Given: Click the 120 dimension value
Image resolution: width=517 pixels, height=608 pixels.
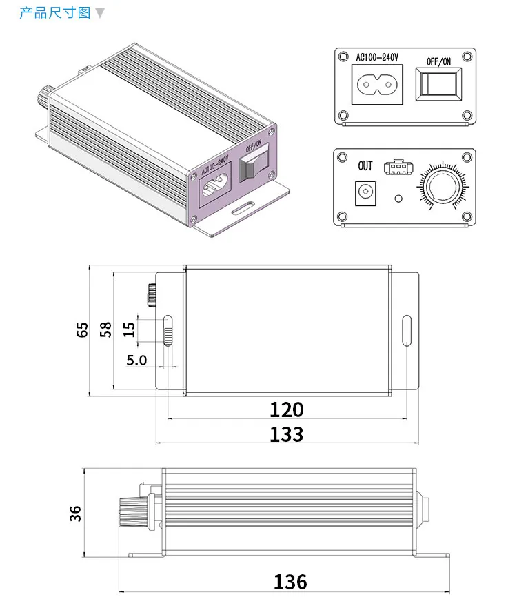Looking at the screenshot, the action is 287,409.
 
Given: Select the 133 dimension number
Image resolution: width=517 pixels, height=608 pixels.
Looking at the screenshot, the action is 287,434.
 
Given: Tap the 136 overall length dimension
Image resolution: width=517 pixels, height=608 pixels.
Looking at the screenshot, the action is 290,582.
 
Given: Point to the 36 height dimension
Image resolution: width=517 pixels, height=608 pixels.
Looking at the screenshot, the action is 75,514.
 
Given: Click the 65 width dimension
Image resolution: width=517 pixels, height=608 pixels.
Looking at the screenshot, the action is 82,330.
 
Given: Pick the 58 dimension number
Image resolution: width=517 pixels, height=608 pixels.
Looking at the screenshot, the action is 105,330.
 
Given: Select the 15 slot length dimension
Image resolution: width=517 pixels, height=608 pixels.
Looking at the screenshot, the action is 129,330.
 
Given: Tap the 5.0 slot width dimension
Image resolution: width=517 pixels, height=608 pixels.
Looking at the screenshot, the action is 136,361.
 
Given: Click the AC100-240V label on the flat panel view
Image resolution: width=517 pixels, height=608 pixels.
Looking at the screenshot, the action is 377,57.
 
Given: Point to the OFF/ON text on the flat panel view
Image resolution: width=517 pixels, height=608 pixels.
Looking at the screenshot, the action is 438,61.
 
